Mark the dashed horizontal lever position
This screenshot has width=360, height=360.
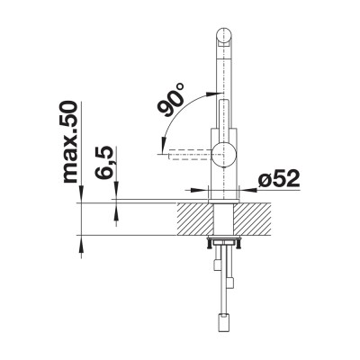(x=184, y=154)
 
